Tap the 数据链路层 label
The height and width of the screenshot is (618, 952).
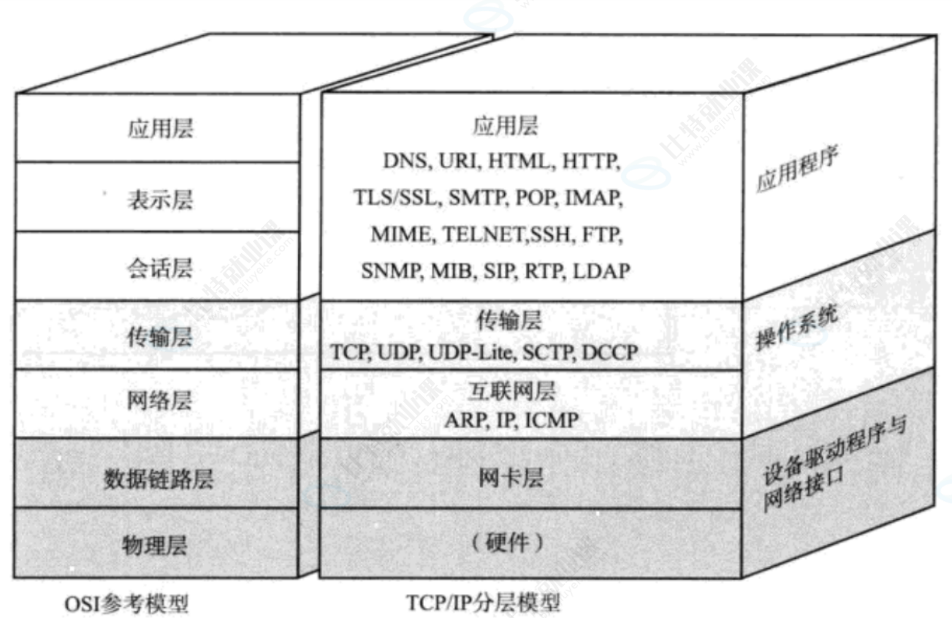[x=159, y=479]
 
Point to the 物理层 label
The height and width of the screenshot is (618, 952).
[x=159, y=545]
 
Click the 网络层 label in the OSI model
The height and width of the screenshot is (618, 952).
[x=159, y=402]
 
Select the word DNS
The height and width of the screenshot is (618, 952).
[x=404, y=162]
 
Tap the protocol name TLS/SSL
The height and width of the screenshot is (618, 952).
[x=391, y=198]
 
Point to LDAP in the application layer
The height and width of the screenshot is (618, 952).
[x=601, y=271]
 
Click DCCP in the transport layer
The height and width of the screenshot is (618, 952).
[x=611, y=353]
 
